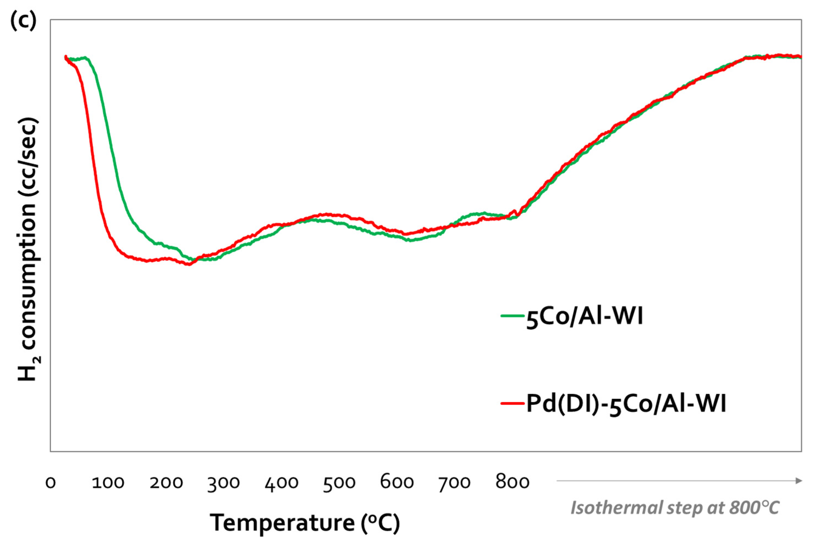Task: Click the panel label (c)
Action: tap(23, 20)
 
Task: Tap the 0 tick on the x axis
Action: tap(51, 483)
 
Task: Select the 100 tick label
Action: tap(108, 483)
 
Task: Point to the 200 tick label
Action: tap(166, 483)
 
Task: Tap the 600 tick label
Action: tap(397, 483)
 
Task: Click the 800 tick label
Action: tap(513, 483)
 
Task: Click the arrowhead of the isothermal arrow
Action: tap(799, 481)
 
